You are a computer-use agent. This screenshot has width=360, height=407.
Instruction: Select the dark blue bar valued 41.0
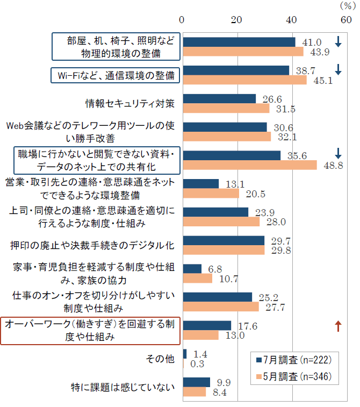239,42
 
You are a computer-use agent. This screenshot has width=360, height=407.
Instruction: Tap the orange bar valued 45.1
245,80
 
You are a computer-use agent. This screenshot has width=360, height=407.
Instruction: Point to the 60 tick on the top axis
347,20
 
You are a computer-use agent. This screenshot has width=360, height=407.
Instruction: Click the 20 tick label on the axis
237,20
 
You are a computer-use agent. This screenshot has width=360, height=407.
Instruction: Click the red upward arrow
338,325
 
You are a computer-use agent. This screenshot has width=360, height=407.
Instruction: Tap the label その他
161,359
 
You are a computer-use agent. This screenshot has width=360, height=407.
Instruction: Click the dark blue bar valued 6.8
192,269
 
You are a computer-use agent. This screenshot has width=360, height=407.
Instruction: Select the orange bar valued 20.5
211,193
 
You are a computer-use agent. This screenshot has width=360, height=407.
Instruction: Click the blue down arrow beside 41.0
338,41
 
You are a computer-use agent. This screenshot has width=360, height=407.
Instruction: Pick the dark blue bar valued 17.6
207,325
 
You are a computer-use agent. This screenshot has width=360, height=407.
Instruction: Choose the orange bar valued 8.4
195,392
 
